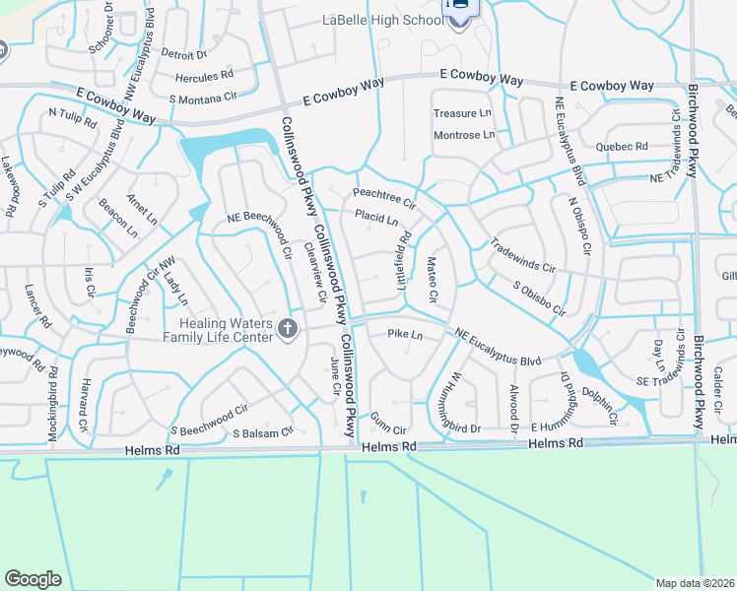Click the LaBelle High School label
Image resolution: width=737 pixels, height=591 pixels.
(x=381, y=21)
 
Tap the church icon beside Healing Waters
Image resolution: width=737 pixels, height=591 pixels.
(x=288, y=328)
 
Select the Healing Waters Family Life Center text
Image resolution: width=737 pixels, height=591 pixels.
(x=225, y=329)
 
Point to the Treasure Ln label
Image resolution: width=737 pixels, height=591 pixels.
(x=462, y=114)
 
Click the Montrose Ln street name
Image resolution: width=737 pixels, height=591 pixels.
(x=463, y=135)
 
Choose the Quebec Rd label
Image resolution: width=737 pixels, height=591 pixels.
(x=622, y=147)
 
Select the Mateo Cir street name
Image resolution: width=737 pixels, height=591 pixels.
(x=432, y=279)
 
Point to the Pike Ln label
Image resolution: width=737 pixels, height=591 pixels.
(x=404, y=336)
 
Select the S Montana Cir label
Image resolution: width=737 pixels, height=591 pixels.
(x=205, y=99)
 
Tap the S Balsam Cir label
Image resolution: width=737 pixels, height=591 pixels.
(x=261, y=432)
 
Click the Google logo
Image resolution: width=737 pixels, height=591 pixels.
(x=33, y=579)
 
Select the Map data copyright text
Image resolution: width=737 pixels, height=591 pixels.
(x=695, y=583)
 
